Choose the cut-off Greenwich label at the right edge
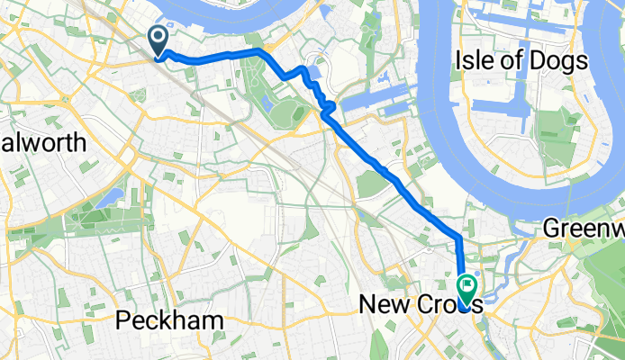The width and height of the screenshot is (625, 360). tap(584, 230)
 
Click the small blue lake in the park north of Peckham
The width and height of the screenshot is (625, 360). tap(112, 196)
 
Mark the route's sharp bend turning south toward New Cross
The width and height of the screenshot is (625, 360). tap(458, 236)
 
